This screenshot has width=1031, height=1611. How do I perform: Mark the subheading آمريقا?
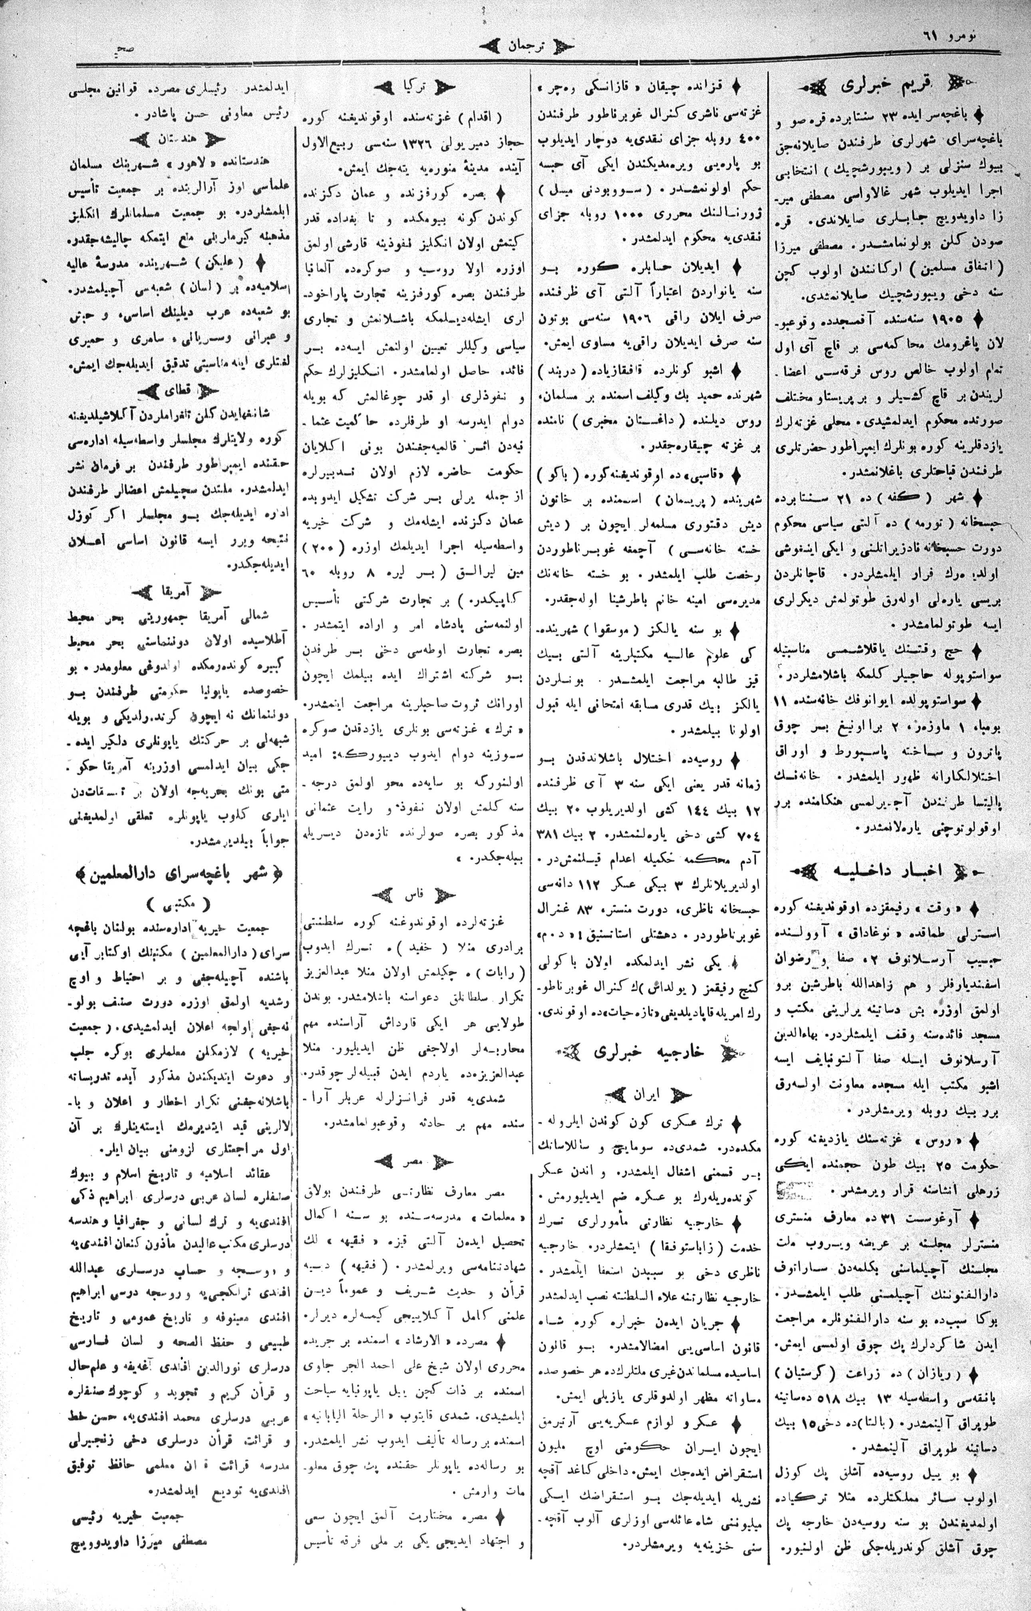[175, 591]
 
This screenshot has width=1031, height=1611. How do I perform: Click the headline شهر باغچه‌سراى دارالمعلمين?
[177, 873]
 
